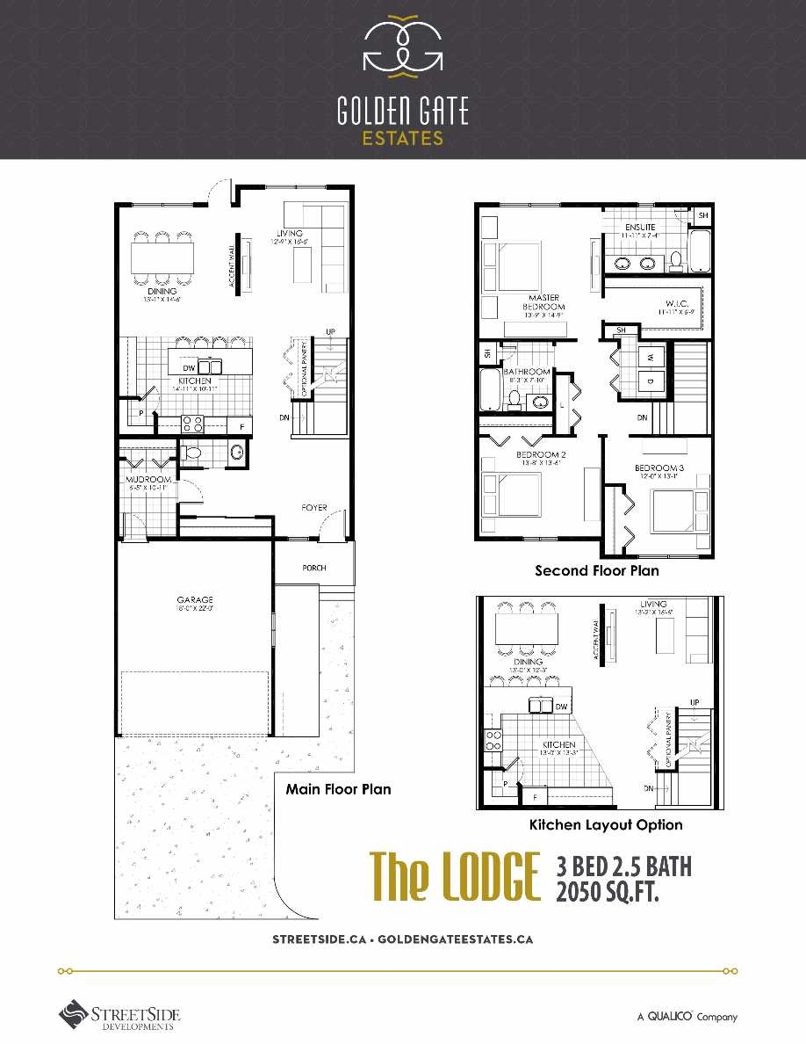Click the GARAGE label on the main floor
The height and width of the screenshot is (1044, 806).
[x=194, y=600]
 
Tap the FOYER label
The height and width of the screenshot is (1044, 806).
[x=314, y=508]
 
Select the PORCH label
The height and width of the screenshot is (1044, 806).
[x=314, y=568]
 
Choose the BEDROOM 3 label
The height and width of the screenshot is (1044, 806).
[x=658, y=468]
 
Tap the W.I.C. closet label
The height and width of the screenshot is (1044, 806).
[x=675, y=304]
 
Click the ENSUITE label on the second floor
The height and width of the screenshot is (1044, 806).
[x=640, y=228]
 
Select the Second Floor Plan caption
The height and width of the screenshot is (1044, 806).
[x=597, y=570]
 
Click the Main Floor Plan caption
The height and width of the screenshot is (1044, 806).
[x=338, y=789]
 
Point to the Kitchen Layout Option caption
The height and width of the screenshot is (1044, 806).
[x=606, y=825]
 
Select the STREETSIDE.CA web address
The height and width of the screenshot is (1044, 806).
[x=319, y=939]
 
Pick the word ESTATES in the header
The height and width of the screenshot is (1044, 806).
[x=403, y=138]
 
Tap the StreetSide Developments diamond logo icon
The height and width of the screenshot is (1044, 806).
[x=74, y=1014]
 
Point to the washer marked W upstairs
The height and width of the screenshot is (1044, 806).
[x=651, y=358]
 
